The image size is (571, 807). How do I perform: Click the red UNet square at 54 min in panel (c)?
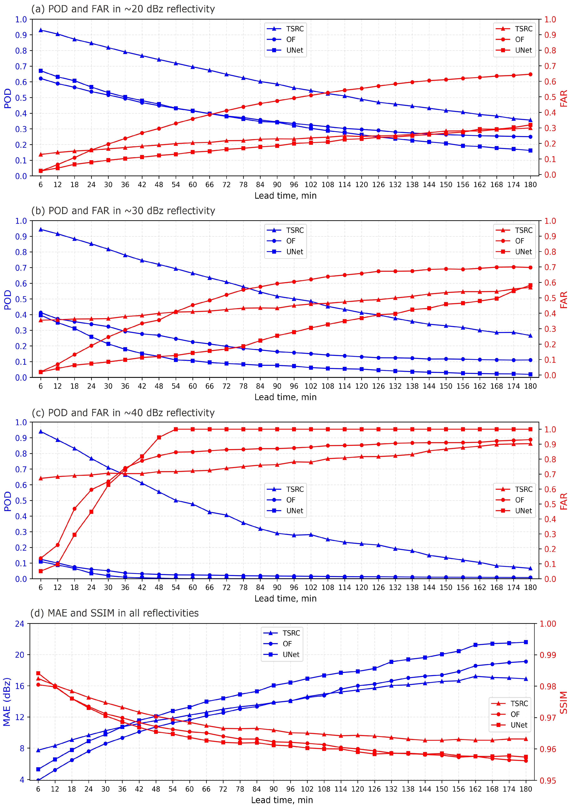point(176,429)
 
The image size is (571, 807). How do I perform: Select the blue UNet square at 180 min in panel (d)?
point(526,642)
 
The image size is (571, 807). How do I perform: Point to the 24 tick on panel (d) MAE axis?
point(20,624)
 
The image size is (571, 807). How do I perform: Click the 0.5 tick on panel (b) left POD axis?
point(21,299)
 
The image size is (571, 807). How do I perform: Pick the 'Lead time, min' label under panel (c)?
point(285,599)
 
